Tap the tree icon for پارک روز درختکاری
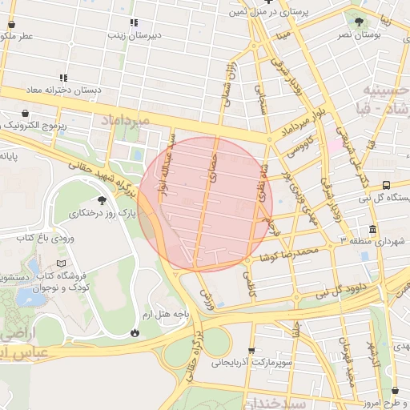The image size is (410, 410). click(x=101, y=200)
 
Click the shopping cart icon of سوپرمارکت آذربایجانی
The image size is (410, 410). click(x=252, y=351)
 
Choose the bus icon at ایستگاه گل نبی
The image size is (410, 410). click(x=387, y=185)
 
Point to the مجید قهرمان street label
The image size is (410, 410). click(x=349, y=367)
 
